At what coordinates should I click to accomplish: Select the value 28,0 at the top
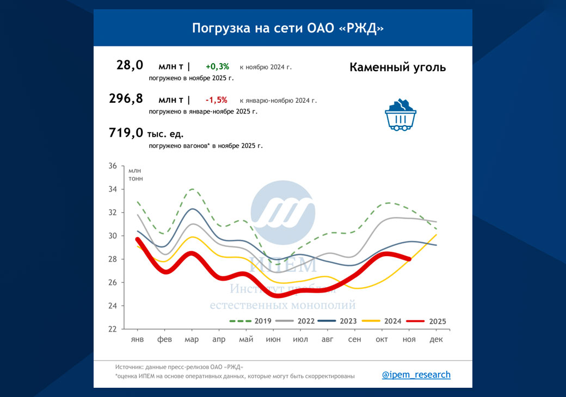[130, 65]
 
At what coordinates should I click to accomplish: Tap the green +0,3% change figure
[217, 67]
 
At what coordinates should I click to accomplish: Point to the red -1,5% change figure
[216, 100]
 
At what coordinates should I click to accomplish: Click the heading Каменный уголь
[397, 67]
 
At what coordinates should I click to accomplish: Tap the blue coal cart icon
[401, 115]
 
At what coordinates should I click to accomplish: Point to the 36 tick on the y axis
[113, 166]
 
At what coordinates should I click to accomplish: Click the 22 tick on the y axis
[113, 329]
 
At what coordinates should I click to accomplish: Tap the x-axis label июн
[273, 339]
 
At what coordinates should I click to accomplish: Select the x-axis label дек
[436, 339]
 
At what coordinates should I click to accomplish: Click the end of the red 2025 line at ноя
[409, 259]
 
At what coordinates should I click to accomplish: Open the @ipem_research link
[416, 375]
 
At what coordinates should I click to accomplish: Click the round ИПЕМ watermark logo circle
[282, 213]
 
